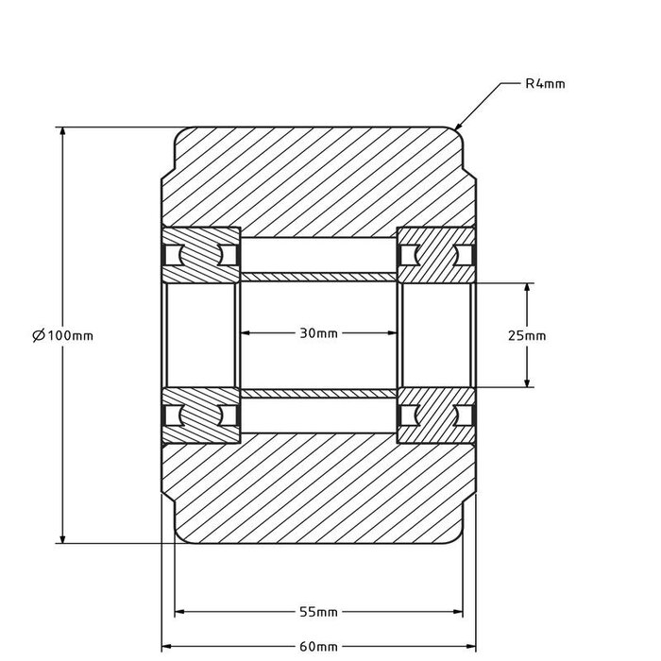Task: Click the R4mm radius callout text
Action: tap(545, 84)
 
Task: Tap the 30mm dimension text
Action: tap(318, 333)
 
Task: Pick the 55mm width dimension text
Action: tap(318, 612)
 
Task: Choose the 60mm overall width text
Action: tap(318, 647)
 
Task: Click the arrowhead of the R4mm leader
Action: tap(459, 127)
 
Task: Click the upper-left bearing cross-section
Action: tap(200, 255)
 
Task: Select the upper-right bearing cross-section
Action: tap(435, 255)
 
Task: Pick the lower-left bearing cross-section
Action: tap(200, 415)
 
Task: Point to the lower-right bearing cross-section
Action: tap(435, 415)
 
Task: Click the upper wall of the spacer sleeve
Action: tap(318, 277)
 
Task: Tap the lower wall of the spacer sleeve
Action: tap(318, 393)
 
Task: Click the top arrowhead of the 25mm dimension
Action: tap(527, 286)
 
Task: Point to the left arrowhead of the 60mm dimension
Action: tap(167, 647)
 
